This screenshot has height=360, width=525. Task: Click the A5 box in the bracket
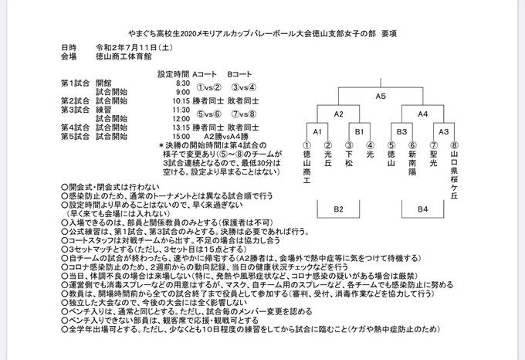click(x=381, y=97)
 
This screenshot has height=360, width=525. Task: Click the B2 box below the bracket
click(x=338, y=208)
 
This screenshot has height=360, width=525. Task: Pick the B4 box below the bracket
click(x=422, y=208)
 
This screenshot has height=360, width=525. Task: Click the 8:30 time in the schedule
click(x=183, y=83)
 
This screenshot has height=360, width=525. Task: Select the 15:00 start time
click(x=181, y=135)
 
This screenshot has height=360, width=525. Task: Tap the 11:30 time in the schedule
click(x=181, y=109)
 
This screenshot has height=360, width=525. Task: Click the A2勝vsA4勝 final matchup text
click(x=232, y=135)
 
